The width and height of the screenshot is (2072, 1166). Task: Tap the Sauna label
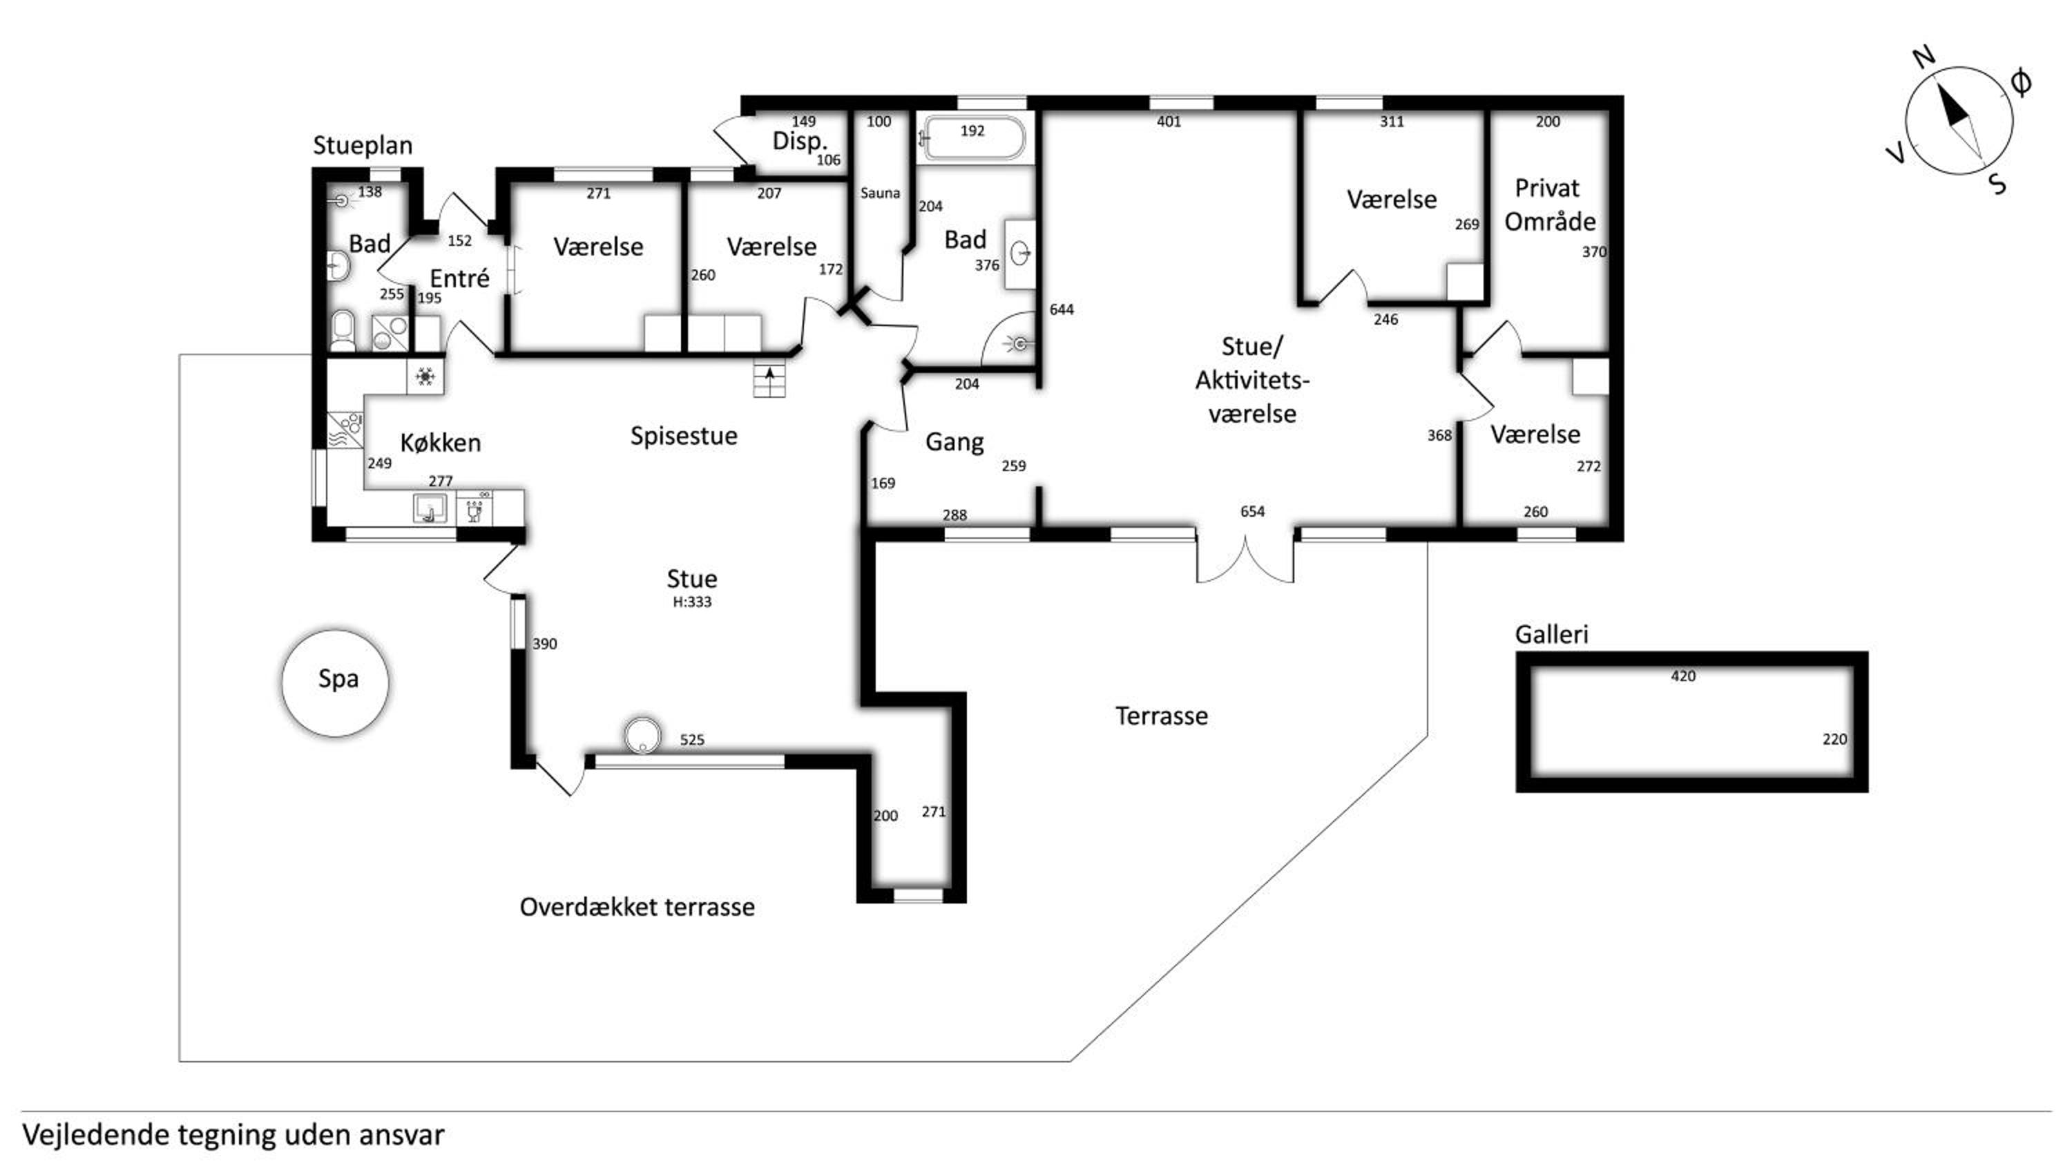pyautogui.click(x=879, y=193)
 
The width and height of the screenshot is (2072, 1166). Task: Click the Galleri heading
pyautogui.click(x=1552, y=634)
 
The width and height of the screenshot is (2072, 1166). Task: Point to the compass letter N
pyautogui.click(x=1924, y=57)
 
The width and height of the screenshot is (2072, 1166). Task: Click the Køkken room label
pyautogui.click(x=440, y=442)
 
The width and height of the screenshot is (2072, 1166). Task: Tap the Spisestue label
pyautogui.click(x=684, y=436)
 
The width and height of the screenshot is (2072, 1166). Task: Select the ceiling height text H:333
pyautogui.click(x=692, y=602)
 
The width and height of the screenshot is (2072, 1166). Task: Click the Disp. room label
pyautogui.click(x=800, y=142)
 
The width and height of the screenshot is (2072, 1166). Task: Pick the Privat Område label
pyautogui.click(x=1549, y=204)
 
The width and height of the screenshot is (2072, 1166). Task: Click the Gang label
pyautogui.click(x=954, y=442)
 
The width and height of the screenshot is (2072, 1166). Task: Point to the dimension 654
pyautogui.click(x=1252, y=511)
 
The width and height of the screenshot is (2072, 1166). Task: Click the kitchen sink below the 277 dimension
pyautogui.click(x=430, y=508)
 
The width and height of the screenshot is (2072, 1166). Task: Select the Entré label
pyautogui.click(x=459, y=278)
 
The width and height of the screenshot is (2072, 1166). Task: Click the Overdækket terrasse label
pyautogui.click(x=637, y=907)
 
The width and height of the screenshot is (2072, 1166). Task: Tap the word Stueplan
pyautogui.click(x=363, y=146)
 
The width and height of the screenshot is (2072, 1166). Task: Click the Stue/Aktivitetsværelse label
pyautogui.click(x=1252, y=380)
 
